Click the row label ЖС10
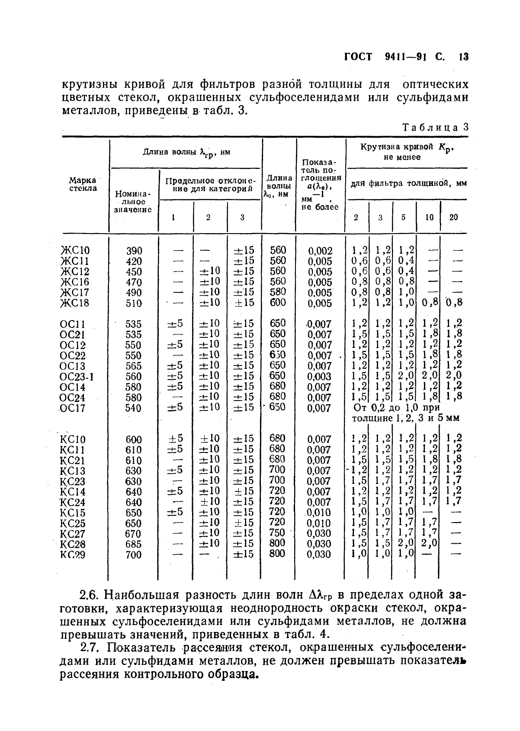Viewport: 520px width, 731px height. tap(75, 251)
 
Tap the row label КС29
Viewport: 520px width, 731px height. tap(72, 555)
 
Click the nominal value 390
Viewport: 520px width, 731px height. tap(134, 251)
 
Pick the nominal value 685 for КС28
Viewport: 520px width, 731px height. tap(134, 544)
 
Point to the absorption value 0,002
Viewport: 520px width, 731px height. tap(320, 251)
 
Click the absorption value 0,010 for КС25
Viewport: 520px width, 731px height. tap(319, 523)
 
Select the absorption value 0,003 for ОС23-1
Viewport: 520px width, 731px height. tap(319, 377)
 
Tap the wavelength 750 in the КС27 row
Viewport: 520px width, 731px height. tap(277, 533)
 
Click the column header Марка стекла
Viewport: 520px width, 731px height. tap(83, 185)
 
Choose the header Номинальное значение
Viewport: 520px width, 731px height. tap(133, 202)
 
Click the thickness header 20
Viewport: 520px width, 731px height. tap(453, 218)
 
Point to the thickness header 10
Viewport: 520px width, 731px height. tap(429, 218)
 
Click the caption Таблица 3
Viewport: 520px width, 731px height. tap(435, 128)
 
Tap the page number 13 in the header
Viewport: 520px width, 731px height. tap(464, 58)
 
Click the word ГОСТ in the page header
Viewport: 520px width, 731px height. tap(358, 58)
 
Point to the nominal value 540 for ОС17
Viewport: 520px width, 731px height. tap(134, 408)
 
